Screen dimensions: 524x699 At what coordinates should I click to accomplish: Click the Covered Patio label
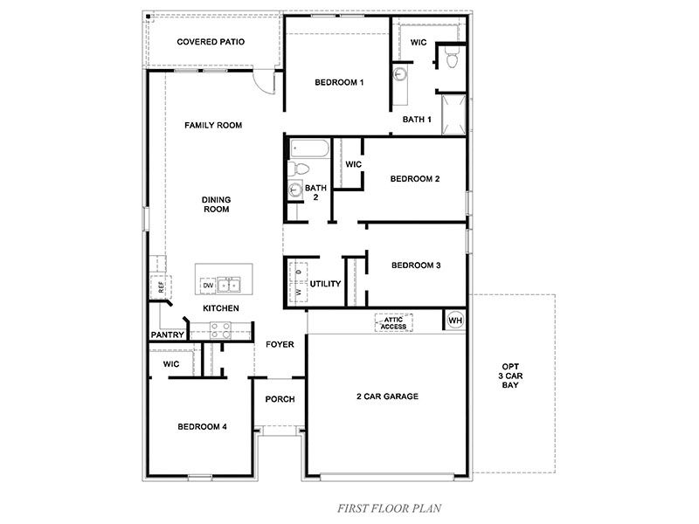coord(210,41)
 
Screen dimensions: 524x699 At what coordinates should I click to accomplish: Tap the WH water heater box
coord(454,321)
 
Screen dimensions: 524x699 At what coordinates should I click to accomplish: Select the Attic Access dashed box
coord(393,322)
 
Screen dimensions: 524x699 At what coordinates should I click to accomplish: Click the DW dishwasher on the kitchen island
coord(208,286)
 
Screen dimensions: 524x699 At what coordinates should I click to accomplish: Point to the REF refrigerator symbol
coord(160,286)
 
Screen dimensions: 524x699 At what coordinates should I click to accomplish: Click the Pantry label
coord(166,334)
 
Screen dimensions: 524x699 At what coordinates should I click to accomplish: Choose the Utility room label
coord(324,284)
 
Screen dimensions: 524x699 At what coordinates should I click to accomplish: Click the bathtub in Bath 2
coord(307,148)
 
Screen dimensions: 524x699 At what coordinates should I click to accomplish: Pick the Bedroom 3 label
coord(415,265)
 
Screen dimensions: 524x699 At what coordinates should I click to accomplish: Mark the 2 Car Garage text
coord(387,396)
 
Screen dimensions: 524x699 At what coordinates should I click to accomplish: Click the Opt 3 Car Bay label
coord(509,375)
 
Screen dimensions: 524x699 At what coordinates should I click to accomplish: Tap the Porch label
coord(280,399)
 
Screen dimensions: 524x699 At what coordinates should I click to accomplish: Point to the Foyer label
coord(280,344)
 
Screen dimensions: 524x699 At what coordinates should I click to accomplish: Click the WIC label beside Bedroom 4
coord(170,363)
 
